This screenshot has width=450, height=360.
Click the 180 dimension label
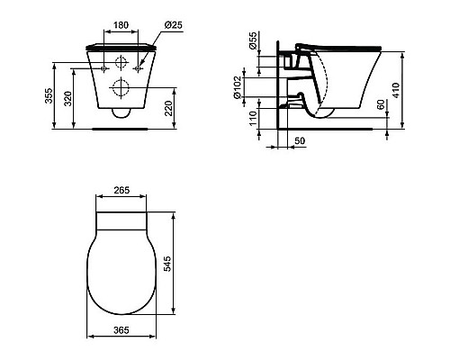(121, 25)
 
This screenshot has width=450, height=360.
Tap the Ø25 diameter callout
(173, 25)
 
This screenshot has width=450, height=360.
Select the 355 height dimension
(49, 95)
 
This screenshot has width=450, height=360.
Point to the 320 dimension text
(68, 99)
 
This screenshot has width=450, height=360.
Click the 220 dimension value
(169, 108)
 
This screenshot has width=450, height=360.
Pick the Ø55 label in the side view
(253, 40)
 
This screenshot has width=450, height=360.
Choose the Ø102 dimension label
(238, 87)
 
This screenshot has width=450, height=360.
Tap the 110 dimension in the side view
(253, 119)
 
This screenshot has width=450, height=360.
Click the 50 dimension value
(300, 140)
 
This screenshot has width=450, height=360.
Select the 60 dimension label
(381, 104)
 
